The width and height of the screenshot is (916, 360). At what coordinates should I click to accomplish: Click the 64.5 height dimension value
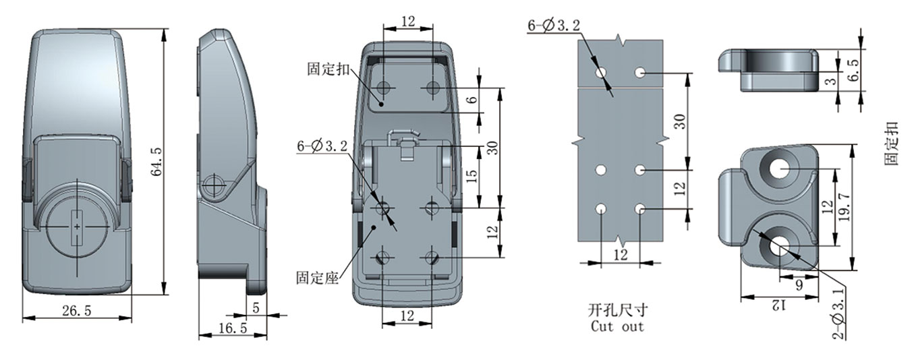coord(157,162)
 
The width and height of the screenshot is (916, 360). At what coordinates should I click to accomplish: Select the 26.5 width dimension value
coord(77,311)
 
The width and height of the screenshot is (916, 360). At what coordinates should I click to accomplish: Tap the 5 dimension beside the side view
coord(256,307)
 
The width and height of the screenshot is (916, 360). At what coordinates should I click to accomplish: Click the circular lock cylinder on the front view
coord(77,227)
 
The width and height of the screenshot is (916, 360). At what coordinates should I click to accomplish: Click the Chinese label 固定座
coord(318,278)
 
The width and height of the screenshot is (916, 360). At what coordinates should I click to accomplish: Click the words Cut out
coord(617,326)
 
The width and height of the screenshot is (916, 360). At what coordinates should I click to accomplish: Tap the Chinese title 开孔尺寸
coord(618,310)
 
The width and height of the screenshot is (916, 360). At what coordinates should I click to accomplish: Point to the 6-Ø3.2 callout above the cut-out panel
coord(554,26)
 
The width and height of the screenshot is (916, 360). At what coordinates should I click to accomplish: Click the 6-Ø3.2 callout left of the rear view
coord(322,146)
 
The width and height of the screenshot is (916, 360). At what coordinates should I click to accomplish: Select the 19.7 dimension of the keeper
coord(845,207)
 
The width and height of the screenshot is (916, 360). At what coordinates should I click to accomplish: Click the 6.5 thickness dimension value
coord(854,70)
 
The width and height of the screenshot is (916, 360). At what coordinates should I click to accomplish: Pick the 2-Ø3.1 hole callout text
coord(838,314)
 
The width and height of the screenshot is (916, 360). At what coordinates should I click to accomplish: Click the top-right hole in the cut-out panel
coord(640,73)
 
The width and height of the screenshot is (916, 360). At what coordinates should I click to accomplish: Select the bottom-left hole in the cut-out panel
coord(601,209)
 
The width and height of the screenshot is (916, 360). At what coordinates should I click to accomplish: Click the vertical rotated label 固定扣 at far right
coord(892,144)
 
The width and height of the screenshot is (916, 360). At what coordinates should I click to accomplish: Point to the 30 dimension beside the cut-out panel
coord(680,122)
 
